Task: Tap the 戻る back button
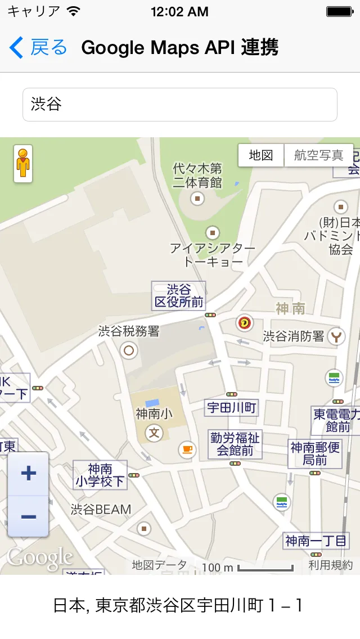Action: click(x=38, y=48)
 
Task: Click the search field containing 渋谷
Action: click(x=180, y=105)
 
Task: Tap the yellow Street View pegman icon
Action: click(x=23, y=163)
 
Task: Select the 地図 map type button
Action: click(x=261, y=155)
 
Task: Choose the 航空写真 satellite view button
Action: click(x=318, y=155)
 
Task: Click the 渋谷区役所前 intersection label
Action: click(x=179, y=296)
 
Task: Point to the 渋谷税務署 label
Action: click(x=129, y=331)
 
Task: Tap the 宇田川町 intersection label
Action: click(x=231, y=407)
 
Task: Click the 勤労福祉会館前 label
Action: click(x=235, y=443)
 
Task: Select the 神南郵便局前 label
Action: click(x=315, y=453)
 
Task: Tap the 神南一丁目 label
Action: click(x=316, y=541)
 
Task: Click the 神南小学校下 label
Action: click(x=100, y=475)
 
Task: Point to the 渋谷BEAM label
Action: click(x=101, y=510)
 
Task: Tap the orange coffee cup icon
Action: click(x=186, y=449)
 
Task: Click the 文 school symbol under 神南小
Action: click(x=154, y=433)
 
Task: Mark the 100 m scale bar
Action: click(x=265, y=567)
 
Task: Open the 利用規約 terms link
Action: click(x=331, y=565)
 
